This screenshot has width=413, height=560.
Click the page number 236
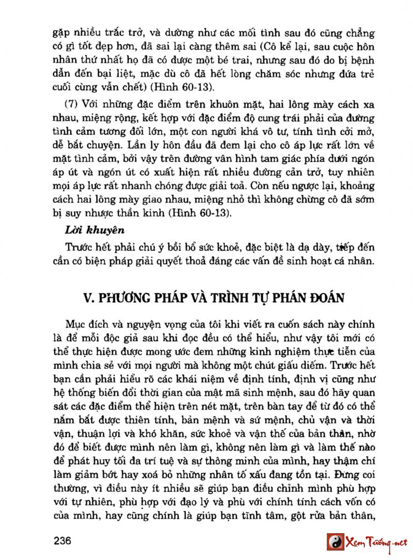[61, 542]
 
